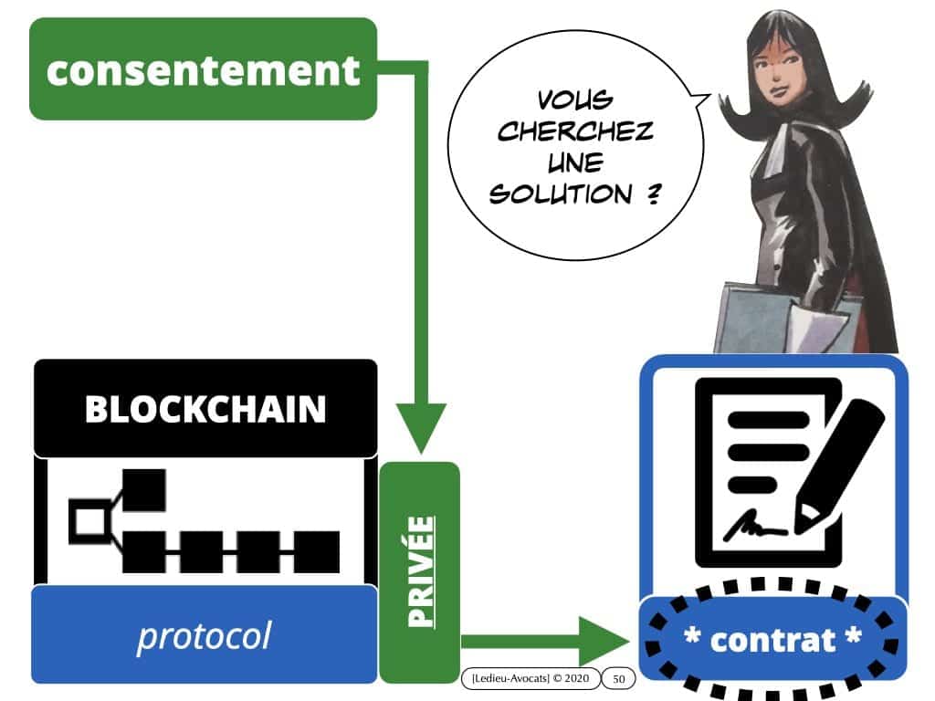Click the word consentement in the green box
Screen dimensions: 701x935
[203, 69]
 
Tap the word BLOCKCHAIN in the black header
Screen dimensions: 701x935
[205, 410]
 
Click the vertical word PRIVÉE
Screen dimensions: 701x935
[419, 572]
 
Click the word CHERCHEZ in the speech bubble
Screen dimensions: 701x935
[575, 132]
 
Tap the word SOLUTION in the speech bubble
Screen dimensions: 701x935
[561, 194]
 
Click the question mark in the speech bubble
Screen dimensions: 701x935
[652, 194]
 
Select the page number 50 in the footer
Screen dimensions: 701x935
[618, 678]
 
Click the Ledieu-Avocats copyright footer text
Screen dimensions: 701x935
[530, 678]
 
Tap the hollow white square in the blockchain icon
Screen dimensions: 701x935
[89, 522]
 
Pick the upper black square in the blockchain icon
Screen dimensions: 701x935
[143, 490]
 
